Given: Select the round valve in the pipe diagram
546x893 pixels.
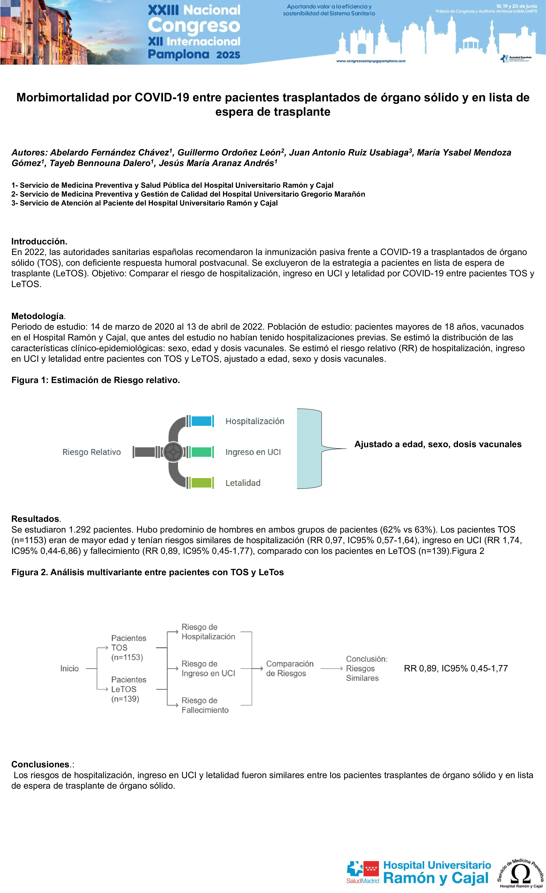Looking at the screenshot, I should (x=173, y=452).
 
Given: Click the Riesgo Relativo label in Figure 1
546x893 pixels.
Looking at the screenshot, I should (x=92, y=452).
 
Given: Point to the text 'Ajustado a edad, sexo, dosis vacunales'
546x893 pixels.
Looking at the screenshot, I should (x=438, y=444).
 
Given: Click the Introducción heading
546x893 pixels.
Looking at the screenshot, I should (x=39, y=241).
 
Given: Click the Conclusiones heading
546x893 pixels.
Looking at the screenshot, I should (x=40, y=764).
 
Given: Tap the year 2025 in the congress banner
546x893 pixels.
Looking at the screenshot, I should (x=228, y=55).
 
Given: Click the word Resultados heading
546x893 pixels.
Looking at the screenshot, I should (x=35, y=519).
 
